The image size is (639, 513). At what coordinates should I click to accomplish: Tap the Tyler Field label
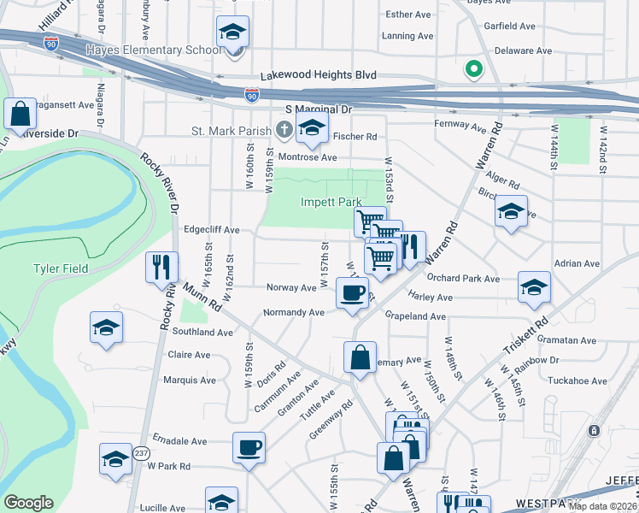[60, 268]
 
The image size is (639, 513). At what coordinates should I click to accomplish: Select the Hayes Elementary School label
[153, 50]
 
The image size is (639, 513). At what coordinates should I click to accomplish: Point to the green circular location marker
[471, 69]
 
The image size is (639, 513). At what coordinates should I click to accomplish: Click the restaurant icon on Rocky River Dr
[161, 268]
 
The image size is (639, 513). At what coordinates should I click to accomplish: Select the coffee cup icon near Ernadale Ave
[249, 448]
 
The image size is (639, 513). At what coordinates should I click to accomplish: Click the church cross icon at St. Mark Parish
[285, 131]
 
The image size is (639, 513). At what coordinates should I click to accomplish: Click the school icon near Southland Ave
[107, 327]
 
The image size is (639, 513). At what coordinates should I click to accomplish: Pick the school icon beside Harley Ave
[534, 288]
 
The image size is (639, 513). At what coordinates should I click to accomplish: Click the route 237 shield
[141, 452]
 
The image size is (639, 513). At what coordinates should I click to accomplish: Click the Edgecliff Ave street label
[211, 231]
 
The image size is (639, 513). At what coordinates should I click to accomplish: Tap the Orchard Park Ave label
[463, 279]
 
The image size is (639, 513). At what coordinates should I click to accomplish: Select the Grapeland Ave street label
[415, 316]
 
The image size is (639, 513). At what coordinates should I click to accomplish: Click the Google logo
[29, 503]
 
